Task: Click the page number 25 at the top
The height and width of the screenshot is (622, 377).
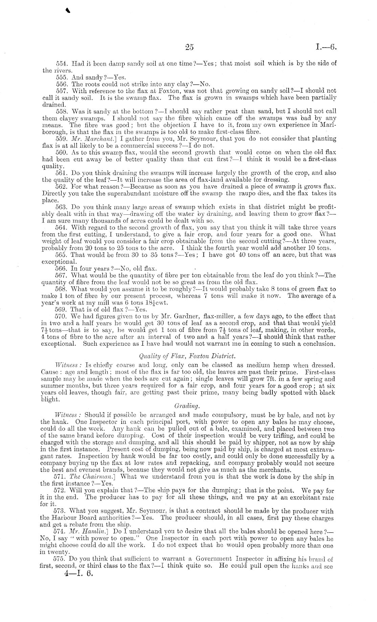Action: tap(189, 47)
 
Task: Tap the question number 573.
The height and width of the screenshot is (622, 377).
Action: tap(61, 511)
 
